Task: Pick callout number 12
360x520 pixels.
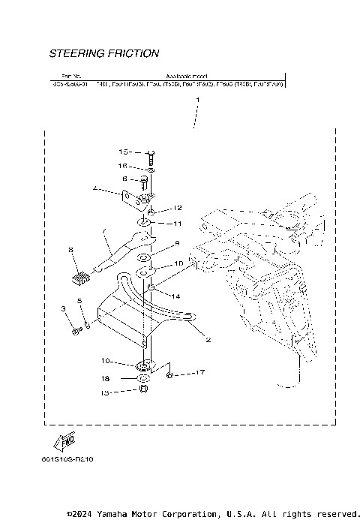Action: click(x=178, y=207)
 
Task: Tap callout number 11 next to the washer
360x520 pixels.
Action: click(x=178, y=224)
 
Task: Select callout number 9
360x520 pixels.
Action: click(x=178, y=243)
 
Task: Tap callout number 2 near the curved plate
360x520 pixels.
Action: click(x=208, y=339)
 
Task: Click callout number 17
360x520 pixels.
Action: click(x=199, y=372)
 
